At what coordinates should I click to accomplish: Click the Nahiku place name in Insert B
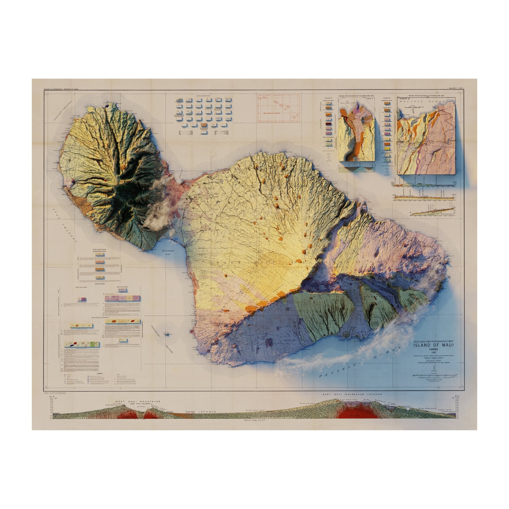click(x=442, y=111)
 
